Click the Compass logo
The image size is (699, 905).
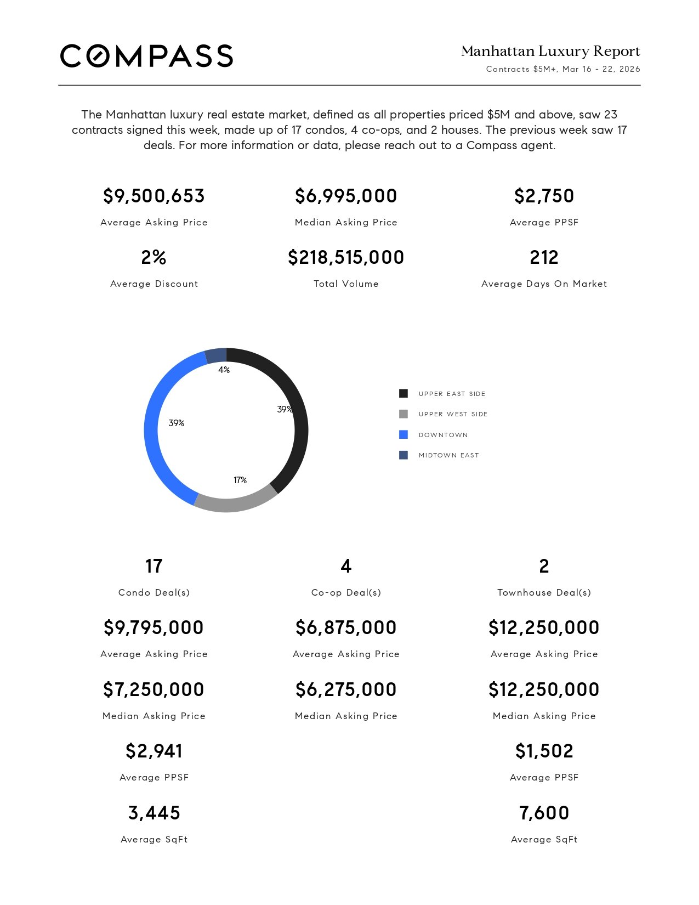tap(146, 56)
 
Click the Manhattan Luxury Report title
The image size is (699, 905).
tap(550, 52)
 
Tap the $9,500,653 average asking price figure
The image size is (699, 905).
tap(154, 196)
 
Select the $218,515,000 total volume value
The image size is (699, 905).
tap(346, 257)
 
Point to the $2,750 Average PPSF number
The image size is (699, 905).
tap(544, 196)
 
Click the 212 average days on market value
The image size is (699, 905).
tap(544, 257)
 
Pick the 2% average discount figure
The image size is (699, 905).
tap(154, 257)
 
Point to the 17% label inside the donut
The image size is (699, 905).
tap(240, 480)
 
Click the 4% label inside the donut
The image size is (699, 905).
tap(224, 370)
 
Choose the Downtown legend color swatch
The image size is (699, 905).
tap(404, 435)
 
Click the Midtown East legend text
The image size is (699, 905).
tap(448, 455)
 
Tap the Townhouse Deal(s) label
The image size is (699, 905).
tap(544, 592)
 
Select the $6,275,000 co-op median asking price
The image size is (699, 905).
tap(346, 689)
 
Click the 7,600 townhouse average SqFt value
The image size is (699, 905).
tap(544, 813)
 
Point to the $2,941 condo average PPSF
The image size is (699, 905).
tap(154, 751)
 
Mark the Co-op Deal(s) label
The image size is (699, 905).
tap(346, 592)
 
